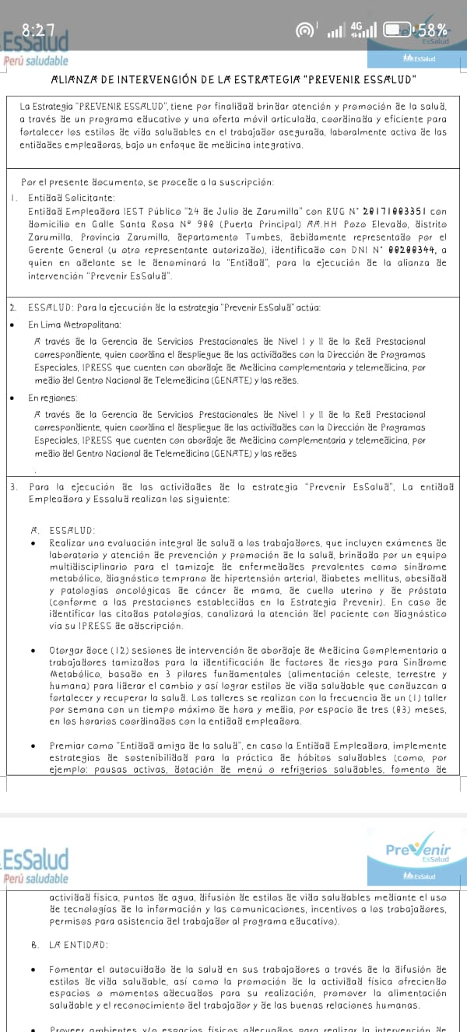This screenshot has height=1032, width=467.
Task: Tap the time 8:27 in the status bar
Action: [38, 30]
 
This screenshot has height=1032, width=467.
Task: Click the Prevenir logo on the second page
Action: [418, 851]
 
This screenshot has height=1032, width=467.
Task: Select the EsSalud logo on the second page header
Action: [36, 859]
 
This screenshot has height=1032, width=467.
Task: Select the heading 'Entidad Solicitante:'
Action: [71, 197]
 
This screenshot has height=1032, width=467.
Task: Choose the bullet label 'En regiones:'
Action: [54, 397]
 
